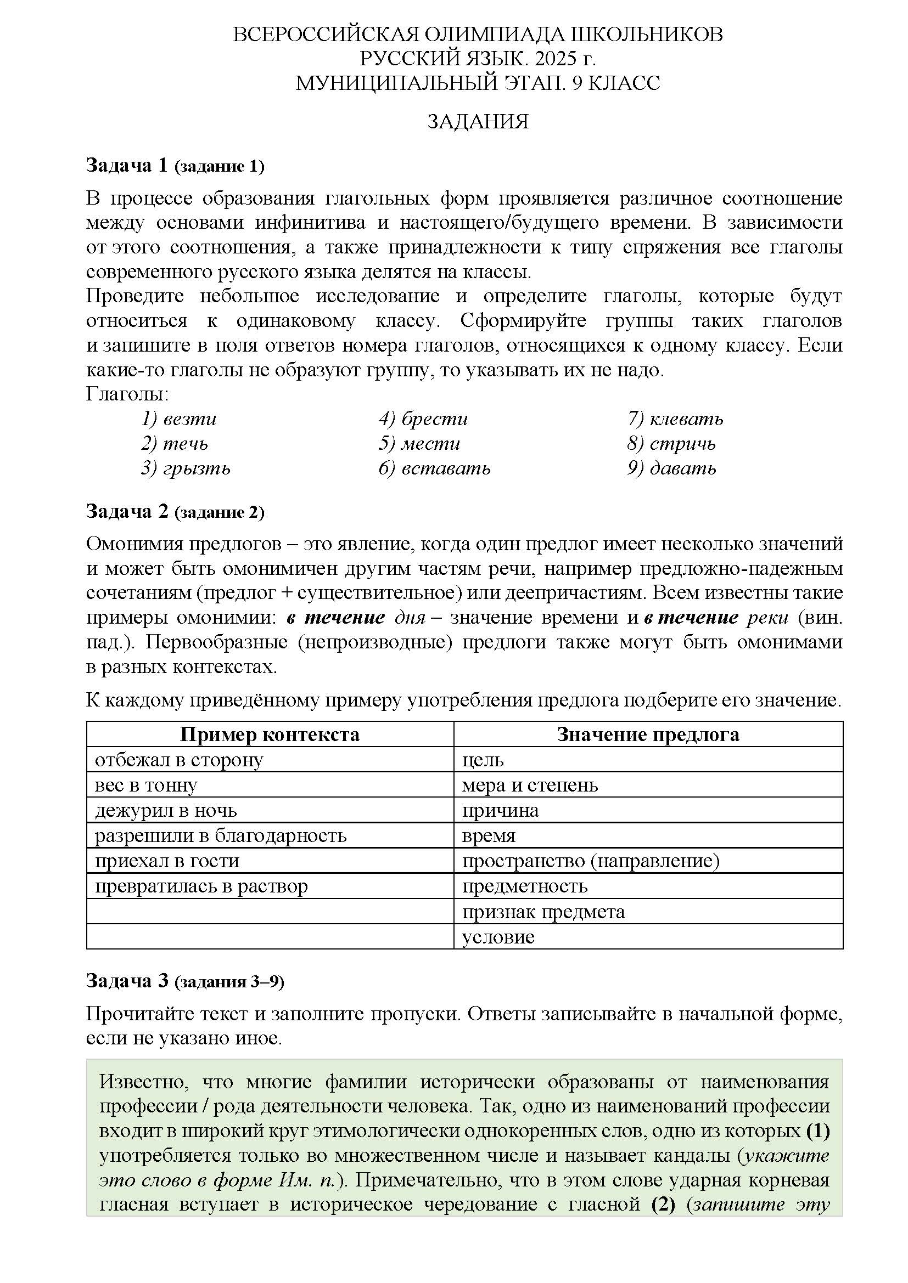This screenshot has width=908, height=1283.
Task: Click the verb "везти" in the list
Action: click(189, 419)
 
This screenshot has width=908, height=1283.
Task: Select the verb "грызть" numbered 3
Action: click(196, 468)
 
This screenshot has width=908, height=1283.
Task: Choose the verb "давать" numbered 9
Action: click(683, 468)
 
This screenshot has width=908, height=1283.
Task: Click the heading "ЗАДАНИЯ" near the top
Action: click(478, 121)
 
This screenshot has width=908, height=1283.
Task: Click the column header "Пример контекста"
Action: click(270, 734)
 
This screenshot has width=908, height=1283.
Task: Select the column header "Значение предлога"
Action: click(648, 734)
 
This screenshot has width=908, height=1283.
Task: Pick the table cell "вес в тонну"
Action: click(146, 785)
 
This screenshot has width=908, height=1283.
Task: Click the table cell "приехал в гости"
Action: click(167, 861)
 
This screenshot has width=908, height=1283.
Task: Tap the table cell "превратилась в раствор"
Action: click(201, 886)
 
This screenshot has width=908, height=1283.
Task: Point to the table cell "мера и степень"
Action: click(529, 785)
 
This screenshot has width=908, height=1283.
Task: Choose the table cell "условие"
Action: click(498, 937)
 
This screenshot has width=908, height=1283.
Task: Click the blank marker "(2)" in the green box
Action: click(663, 1204)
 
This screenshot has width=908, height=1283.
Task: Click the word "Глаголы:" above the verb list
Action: click(127, 394)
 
